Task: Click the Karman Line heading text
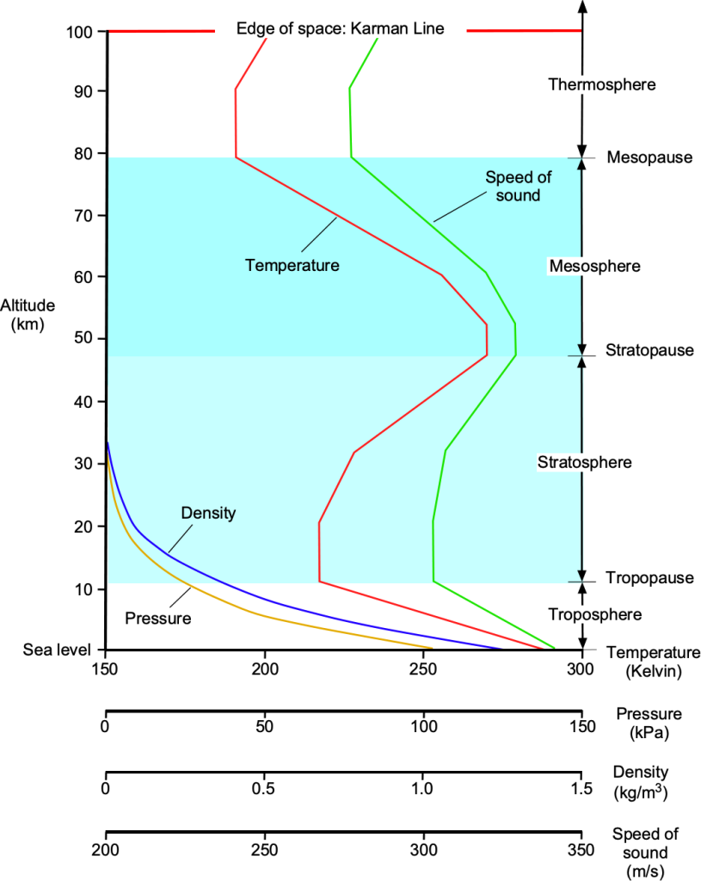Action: point(341,29)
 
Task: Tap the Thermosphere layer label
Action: point(602,84)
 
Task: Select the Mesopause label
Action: point(649,157)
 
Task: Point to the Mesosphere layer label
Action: point(595,266)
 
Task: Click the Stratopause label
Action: point(649,351)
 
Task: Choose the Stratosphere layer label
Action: point(585,462)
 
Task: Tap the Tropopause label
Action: point(649,577)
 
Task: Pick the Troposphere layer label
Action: point(595,614)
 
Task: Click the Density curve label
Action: point(208,513)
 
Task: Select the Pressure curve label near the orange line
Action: point(157,617)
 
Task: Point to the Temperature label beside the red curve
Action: point(292,265)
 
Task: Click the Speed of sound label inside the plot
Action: point(513,186)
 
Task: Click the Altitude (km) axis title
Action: point(28,315)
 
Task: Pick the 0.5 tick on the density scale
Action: point(264,788)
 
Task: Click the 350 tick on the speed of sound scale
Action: point(581,852)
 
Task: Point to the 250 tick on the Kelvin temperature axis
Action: point(423,668)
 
